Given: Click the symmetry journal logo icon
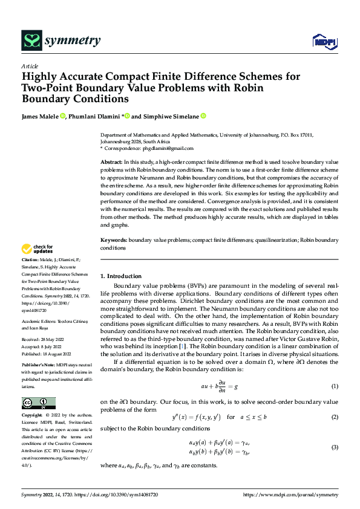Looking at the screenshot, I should coord(31,41).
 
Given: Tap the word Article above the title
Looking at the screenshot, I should coord(30,66).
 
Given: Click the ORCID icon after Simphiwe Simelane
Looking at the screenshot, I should coord(203,116).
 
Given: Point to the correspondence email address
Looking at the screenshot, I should coord(171,148).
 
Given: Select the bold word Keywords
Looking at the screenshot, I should coord(114,241).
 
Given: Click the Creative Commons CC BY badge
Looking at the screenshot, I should coord(39,403).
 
